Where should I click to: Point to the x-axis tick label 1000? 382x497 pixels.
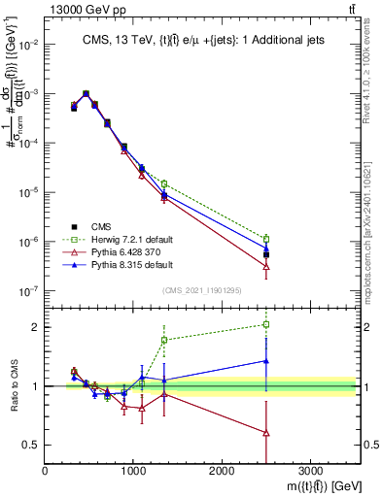click(x=133, y=469)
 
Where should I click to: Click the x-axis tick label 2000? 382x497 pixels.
click(x=222, y=469)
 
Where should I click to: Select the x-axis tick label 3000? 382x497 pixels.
click(x=310, y=469)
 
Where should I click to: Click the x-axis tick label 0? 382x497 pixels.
click(x=46, y=469)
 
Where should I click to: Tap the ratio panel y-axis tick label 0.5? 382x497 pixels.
click(x=32, y=445)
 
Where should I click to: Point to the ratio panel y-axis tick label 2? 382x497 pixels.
click(x=36, y=327)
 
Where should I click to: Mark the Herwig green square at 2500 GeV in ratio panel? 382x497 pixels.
click(x=266, y=324)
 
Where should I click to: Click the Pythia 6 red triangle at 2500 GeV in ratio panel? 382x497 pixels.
click(x=266, y=433)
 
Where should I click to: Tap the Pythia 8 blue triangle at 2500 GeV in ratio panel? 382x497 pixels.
click(x=266, y=361)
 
